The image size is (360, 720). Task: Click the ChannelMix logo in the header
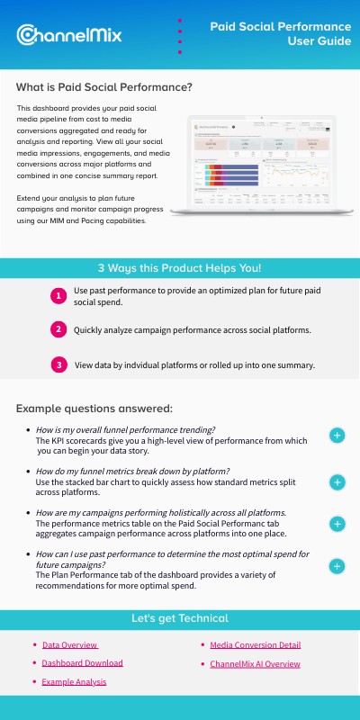[69, 34]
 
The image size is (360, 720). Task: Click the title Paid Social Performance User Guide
[280, 34]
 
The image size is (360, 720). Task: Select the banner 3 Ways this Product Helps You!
[180, 267]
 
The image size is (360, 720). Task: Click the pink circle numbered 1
[58, 295]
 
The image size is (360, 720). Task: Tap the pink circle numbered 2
[58, 329]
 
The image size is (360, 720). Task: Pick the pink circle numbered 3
[58, 364]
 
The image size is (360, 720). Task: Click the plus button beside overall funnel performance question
[337, 436]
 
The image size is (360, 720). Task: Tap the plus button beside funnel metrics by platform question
[337, 481]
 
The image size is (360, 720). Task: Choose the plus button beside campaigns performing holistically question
[337, 524]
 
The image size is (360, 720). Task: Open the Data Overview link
[70, 644]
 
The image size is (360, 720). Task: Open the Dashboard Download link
[82, 663]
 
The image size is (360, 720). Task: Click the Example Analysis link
[74, 682]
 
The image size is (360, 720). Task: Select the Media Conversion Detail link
[255, 644]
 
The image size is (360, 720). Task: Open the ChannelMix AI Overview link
[255, 664]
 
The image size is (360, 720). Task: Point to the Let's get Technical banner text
[180, 618]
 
